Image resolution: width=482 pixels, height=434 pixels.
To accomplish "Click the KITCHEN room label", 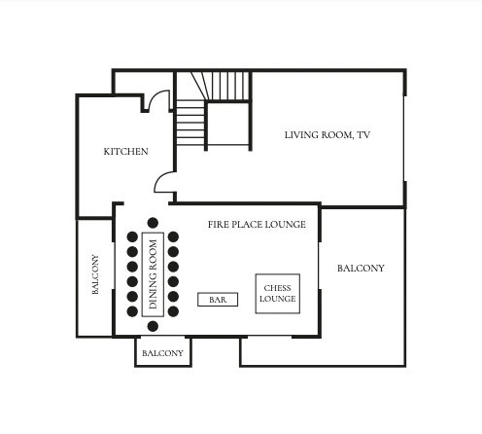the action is (125, 152).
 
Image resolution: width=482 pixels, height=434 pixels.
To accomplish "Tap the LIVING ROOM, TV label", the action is (327, 135).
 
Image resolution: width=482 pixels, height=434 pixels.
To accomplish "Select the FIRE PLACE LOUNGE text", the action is (257, 225).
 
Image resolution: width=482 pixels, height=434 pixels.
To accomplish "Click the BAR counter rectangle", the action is (218, 300).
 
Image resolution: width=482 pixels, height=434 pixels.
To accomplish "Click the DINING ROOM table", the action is (153, 274).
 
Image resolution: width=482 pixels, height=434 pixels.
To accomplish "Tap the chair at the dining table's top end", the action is (153, 223).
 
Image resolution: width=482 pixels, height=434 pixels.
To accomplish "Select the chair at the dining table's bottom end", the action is (153, 326).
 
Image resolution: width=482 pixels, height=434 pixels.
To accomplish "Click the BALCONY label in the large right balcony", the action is (361, 269).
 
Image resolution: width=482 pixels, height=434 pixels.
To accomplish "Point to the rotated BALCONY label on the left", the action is (95, 274).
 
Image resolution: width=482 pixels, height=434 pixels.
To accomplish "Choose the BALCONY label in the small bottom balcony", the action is (162, 353).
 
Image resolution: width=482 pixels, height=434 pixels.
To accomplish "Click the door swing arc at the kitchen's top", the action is (155, 97).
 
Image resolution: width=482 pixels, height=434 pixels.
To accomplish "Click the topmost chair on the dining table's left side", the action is (132, 236).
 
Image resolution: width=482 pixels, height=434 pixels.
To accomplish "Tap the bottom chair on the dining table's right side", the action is (173, 311).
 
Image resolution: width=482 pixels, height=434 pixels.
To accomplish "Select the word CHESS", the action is (277, 288).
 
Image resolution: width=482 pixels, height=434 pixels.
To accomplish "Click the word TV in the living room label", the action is (363, 135).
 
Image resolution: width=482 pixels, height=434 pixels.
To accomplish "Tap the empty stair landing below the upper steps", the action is (227, 124).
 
